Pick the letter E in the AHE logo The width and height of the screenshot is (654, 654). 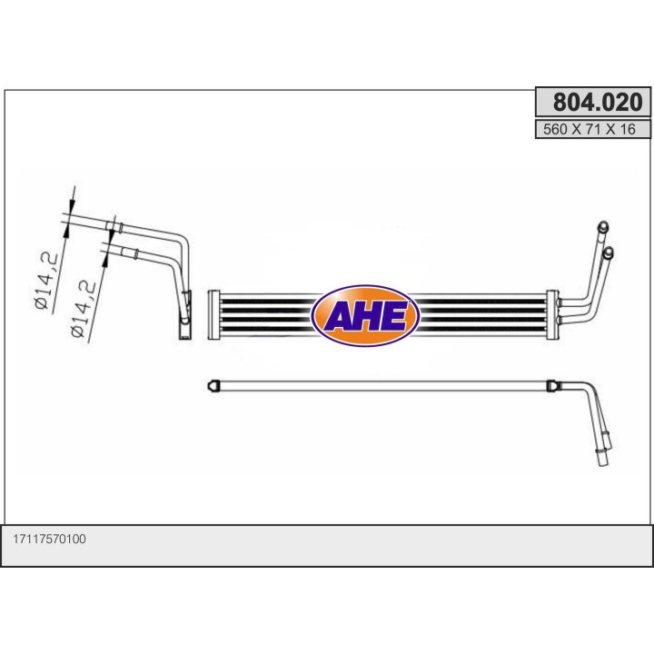(395, 317)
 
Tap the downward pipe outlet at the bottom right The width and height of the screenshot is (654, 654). (604, 457)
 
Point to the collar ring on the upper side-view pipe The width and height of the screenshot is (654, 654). (114, 223)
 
